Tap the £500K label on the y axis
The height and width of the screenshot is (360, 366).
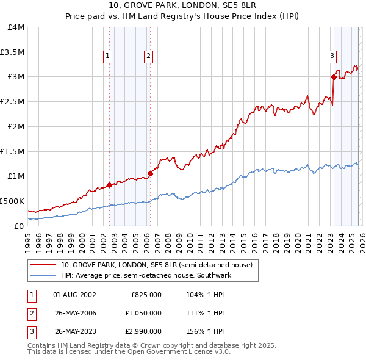(12, 201)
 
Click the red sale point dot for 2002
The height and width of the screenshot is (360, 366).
(109, 185)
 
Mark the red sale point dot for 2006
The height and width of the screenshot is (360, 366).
(150, 173)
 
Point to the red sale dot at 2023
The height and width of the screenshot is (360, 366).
(334, 77)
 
